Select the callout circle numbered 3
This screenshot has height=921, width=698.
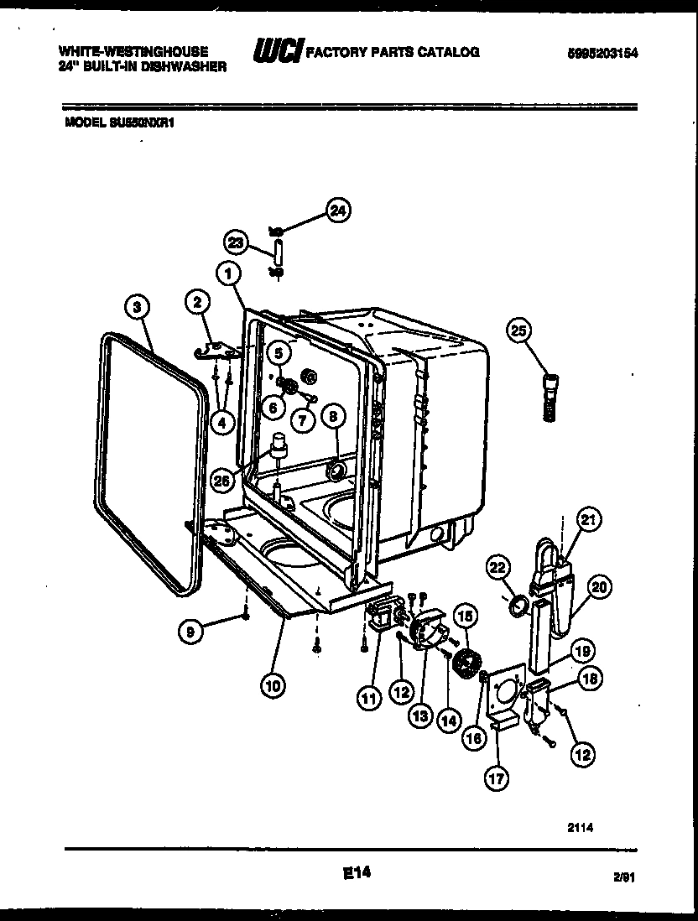(x=136, y=307)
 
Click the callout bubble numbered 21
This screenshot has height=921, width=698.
(x=590, y=520)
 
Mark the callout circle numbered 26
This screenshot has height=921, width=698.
(x=221, y=480)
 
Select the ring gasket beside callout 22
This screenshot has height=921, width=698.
(x=518, y=604)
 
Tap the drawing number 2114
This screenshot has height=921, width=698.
(x=580, y=825)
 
